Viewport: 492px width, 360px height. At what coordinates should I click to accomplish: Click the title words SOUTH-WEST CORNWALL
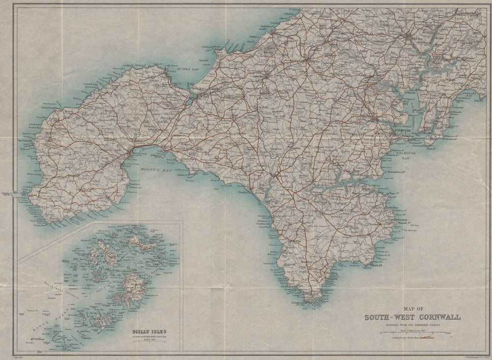click(412, 317)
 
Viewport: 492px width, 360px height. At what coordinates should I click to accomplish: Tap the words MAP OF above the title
click(412, 309)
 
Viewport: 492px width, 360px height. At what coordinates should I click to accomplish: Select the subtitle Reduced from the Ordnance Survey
click(412, 325)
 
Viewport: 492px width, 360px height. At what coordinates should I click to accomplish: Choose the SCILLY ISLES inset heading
click(150, 331)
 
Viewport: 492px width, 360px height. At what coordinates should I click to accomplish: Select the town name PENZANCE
click(129, 154)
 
